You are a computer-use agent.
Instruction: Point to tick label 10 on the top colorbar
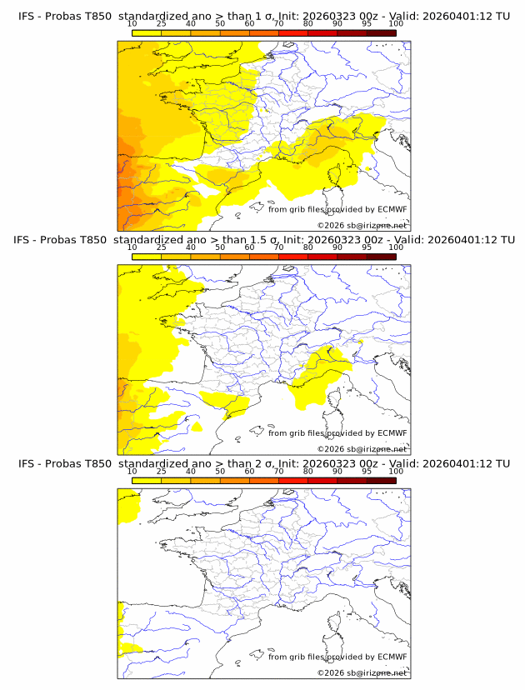pyautogui.click(x=132, y=23)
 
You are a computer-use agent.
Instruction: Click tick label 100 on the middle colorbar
pyautogui.click(x=396, y=247)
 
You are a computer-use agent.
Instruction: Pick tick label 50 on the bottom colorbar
pyautogui.click(x=220, y=471)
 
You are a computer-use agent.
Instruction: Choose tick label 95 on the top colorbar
pyautogui.click(x=367, y=23)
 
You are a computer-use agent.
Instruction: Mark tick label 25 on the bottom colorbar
pyautogui.click(x=162, y=471)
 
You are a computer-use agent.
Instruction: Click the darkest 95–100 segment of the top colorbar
pyautogui.click(x=381, y=32)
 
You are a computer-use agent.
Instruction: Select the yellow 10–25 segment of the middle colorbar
pyautogui.click(x=147, y=257)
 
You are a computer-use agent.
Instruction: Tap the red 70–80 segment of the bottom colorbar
pyautogui.click(x=293, y=480)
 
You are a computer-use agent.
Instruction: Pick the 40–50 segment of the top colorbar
pyautogui.click(x=205, y=32)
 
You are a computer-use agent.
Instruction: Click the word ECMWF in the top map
pyautogui.click(x=392, y=209)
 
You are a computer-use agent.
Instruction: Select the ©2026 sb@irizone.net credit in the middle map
pyautogui.click(x=362, y=449)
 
